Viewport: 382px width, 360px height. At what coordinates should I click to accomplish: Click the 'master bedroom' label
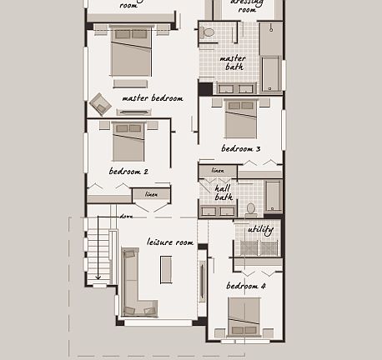152,98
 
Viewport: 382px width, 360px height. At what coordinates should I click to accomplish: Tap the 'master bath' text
233,62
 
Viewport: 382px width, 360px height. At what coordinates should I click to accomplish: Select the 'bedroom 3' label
240,149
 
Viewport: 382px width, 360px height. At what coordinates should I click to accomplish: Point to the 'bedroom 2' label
128,172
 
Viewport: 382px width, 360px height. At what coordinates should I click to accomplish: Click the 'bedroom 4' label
245,287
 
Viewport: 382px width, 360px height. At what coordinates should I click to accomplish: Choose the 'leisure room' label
170,242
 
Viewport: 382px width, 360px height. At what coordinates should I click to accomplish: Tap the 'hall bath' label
224,193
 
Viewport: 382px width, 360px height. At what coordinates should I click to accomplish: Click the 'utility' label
260,230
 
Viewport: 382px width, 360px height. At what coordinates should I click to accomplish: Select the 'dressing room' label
247,6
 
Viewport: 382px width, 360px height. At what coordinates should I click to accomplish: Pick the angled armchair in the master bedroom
101,104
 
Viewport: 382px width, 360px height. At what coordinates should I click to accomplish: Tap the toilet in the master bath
208,33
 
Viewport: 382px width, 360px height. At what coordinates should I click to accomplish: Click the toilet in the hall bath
250,207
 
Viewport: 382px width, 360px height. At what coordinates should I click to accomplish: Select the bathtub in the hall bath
273,196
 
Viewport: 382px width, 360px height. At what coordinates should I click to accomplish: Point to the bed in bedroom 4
244,318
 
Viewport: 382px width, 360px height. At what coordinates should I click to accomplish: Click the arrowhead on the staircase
98,277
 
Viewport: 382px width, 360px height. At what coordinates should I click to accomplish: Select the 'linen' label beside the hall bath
218,171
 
